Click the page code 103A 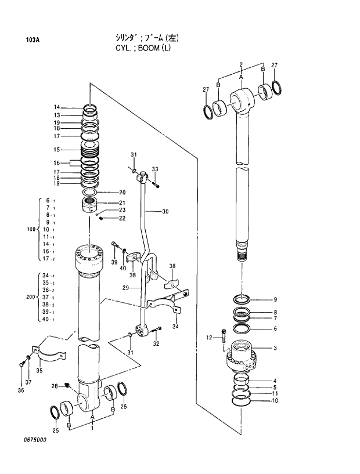[33, 40]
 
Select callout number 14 [57, 107]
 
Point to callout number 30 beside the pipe [165, 212]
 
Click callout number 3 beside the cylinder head [275, 348]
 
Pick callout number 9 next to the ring [275, 299]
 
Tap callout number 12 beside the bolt [210, 338]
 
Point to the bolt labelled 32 [157, 331]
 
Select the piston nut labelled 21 [89, 204]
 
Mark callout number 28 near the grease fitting [54, 386]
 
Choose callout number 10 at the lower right [275, 400]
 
